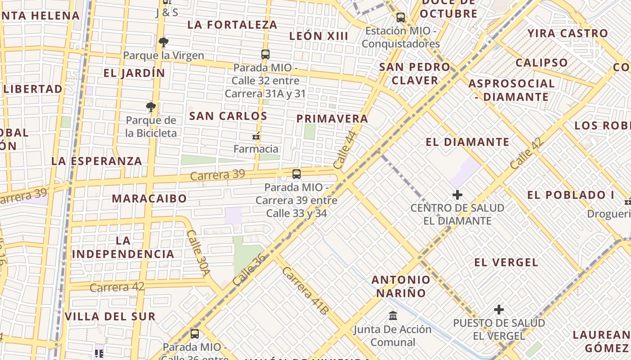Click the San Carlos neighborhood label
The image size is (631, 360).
228,116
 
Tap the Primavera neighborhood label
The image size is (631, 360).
332,119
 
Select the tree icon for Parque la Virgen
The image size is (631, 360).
163,43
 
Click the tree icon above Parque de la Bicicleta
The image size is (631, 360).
151,107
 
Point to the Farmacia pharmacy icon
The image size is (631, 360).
256,136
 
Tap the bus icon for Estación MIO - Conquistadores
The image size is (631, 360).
400,18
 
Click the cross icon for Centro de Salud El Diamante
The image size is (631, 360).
457,195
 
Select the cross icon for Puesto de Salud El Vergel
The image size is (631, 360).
498,310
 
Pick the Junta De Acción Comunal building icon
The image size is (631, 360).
393,316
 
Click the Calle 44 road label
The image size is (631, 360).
345,150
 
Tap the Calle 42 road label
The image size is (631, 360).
527,153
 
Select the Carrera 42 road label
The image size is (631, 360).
117,287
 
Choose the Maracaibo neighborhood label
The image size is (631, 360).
149,198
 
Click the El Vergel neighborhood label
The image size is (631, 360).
506,262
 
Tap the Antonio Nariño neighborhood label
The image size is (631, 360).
401,286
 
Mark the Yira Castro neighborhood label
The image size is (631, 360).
567,33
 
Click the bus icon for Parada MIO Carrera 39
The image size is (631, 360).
296,174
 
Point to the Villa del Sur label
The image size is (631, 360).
110,316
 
